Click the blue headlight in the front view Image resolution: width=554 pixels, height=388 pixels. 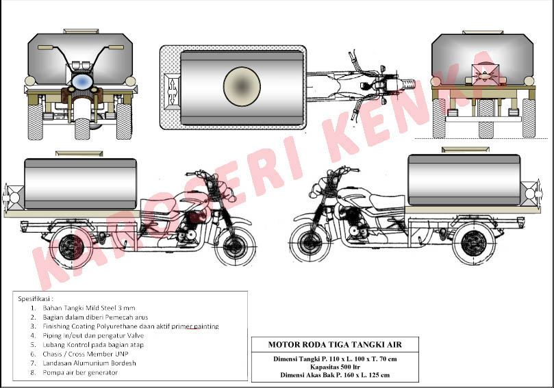81,82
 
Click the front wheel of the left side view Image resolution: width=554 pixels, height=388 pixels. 236,246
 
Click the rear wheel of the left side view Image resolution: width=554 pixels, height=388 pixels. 70,246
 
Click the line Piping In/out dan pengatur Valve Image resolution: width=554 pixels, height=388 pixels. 93,335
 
